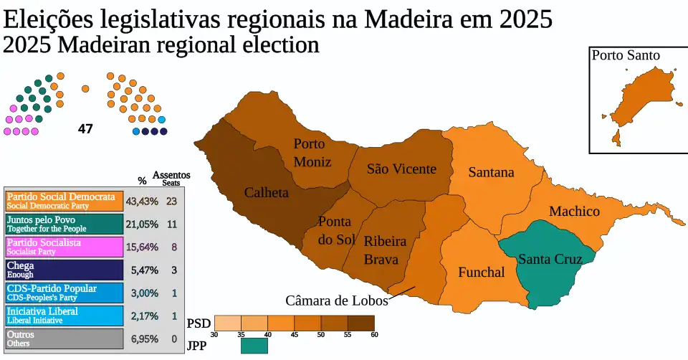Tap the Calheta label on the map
[x=266, y=192]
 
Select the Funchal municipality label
[x=481, y=273]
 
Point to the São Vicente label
[x=401, y=169]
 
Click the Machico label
[x=574, y=212]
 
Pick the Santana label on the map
[x=491, y=173]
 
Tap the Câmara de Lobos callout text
[x=336, y=300]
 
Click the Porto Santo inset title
[x=626, y=55]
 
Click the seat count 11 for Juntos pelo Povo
[x=171, y=224]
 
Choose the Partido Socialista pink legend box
[x=64, y=247]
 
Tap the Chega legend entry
[x=64, y=270]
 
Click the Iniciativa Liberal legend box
[x=64, y=316]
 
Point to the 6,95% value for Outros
[x=142, y=338]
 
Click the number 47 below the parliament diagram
[x=85, y=130]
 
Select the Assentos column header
[x=171, y=175]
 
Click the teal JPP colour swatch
[x=254, y=346]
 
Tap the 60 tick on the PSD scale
[x=373, y=335]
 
